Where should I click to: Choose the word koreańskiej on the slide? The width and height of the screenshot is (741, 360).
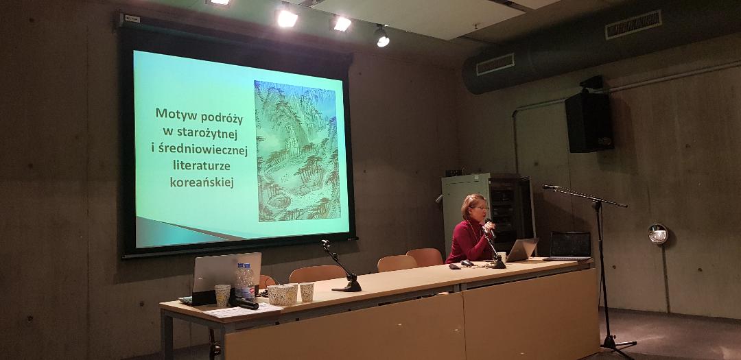pyautogui.click(x=202, y=182)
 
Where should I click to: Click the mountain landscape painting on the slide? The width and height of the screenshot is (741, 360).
pyautogui.click(x=297, y=151)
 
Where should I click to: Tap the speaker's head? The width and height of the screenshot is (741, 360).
pyautogui.click(x=475, y=207)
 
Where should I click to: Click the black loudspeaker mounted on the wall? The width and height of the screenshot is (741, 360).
pyautogui.click(x=589, y=121)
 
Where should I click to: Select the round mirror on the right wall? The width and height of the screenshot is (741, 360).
pyautogui.click(x=658, y=234)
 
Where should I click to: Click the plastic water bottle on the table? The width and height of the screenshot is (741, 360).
pyautogui.click(x=244, y=280)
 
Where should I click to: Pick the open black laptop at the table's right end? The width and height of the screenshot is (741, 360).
pyautogui.click(x=569, y=245)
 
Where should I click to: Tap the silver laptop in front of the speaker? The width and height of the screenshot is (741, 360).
pyautogui.click(x=521, y=250)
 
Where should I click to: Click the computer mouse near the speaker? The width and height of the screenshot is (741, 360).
pyautogui.click(x=467, y=263)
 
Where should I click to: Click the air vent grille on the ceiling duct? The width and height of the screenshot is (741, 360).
pyautogui.click(x=495, y=64)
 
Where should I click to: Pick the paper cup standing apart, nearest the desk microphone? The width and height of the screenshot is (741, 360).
pyautogui.click(x=307, y=292)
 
